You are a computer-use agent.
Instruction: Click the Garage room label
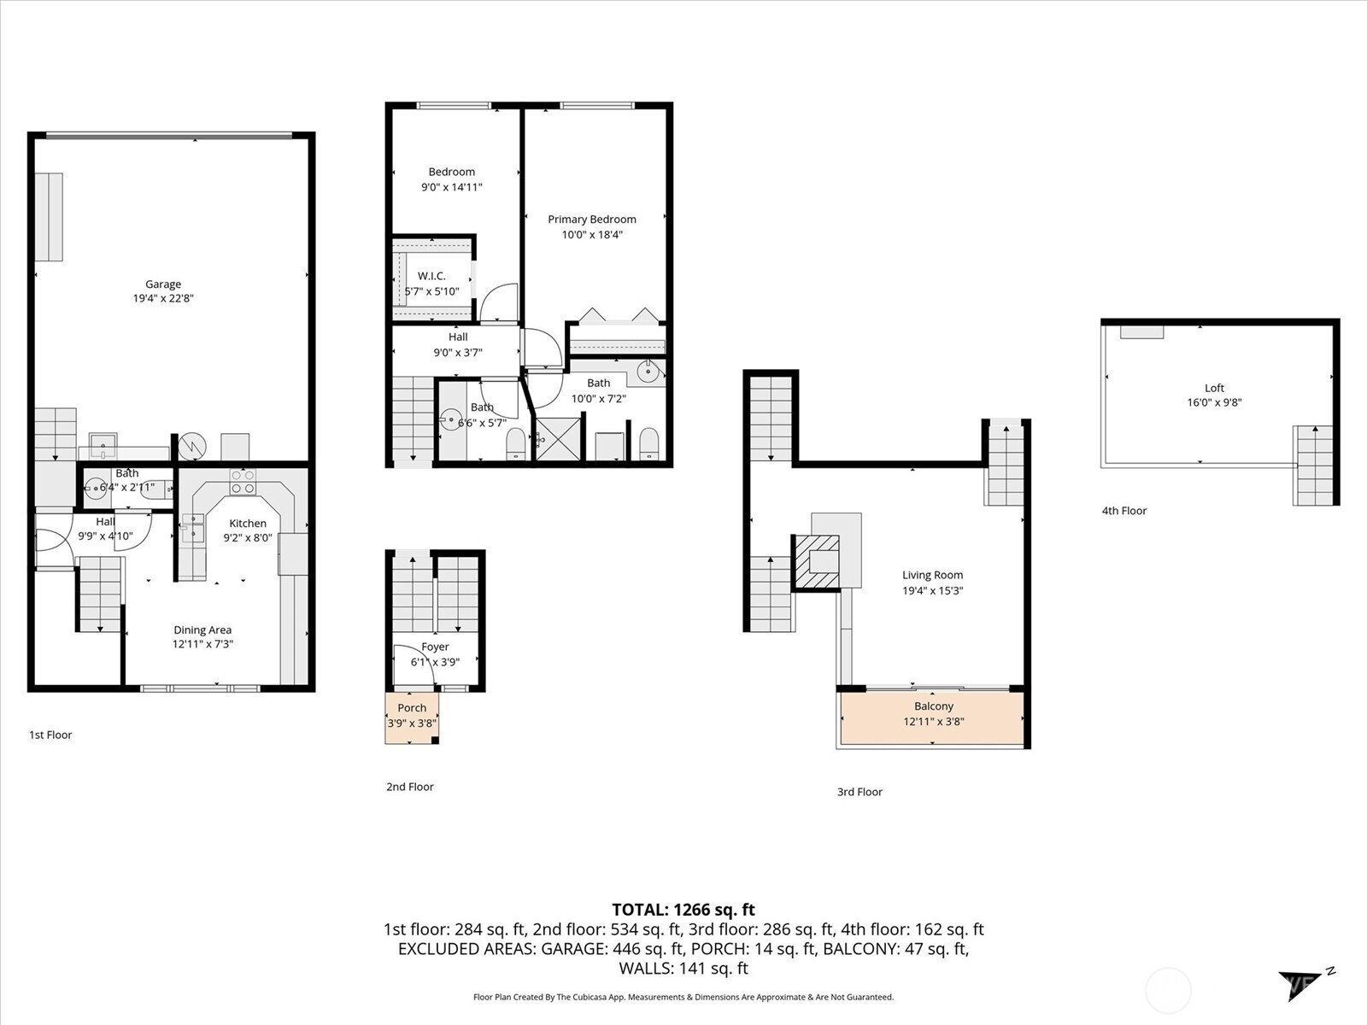(x=162, y=284)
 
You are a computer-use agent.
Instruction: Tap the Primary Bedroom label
(x=591, y=220)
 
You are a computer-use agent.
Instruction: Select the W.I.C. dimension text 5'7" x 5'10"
(x=431, y=291)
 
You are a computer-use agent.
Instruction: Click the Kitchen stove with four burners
(x=243, y=482)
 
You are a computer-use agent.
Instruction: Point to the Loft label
(x=1214, y=388)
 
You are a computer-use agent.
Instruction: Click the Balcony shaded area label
(x=933, y=706)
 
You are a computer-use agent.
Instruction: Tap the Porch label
(x=412, y=708)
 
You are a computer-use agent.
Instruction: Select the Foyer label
(x=435, y=647)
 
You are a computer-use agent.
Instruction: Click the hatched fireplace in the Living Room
(x=816, y=562)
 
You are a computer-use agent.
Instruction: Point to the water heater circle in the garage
(x=192, y=447)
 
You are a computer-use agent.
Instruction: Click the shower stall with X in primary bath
(x=559, y=437)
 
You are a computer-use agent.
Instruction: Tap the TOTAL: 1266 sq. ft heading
(x=683, y=910)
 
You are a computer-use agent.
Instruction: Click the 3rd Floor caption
(x=860, y=792)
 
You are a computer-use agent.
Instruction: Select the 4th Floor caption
(x=1124, y=511)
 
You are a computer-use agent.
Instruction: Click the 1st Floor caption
(x=50, y=735)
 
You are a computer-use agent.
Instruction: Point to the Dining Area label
(x=202, y=630)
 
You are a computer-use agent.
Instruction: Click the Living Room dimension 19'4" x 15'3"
(x=932, y=590)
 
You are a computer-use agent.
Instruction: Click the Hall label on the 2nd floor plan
(x=458, y=337)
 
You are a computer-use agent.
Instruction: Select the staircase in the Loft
(x=1313, y=466)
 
